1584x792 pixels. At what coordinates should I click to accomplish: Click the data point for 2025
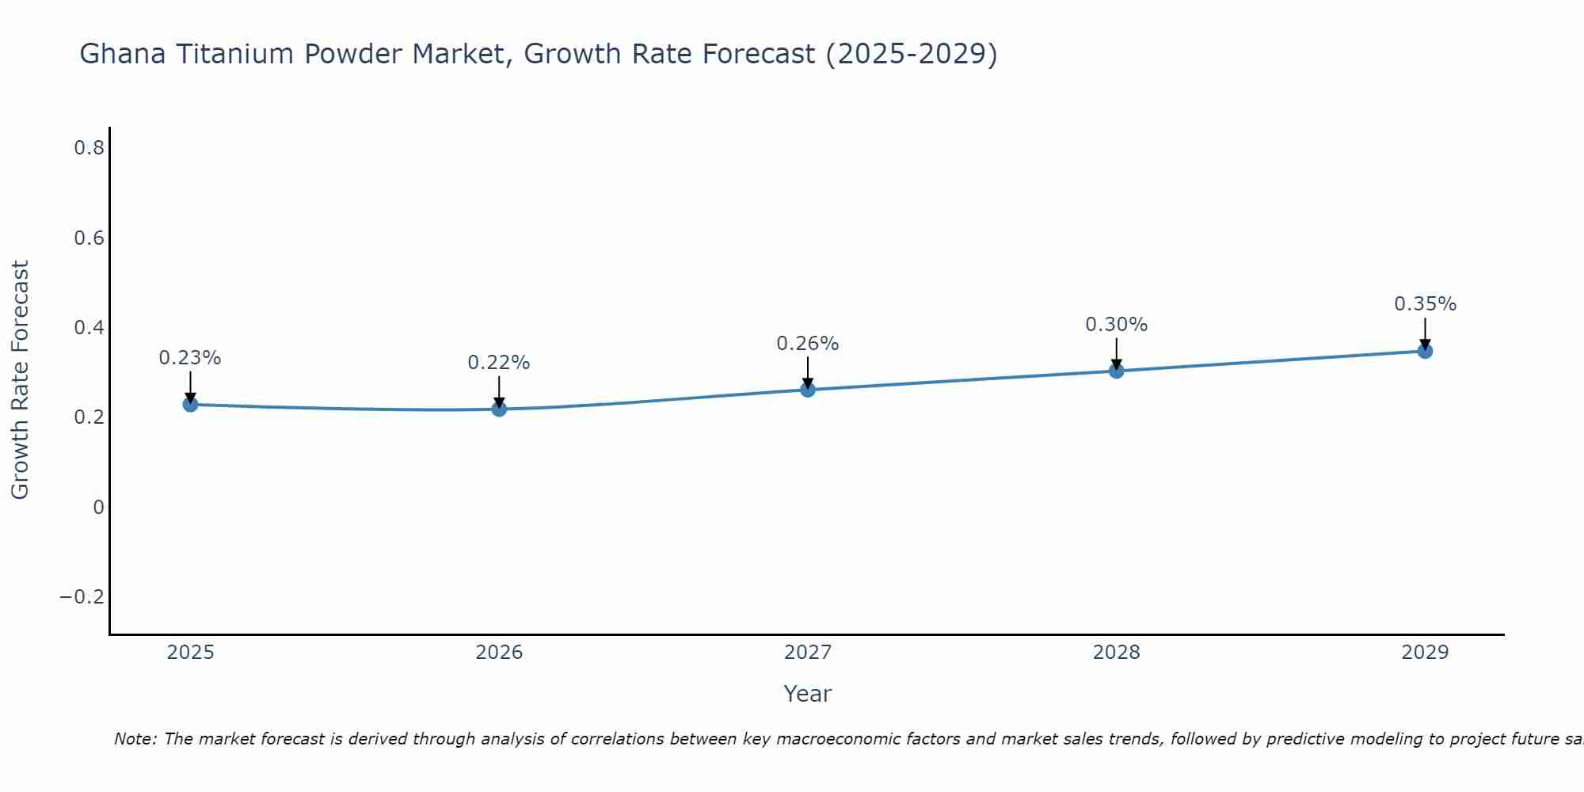[x=190, y=405]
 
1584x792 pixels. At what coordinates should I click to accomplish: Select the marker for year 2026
[x=499, y=409]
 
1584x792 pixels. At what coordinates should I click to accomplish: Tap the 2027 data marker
[x=808, y=390]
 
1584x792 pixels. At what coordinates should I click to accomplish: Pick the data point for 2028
[x=1117, y=371]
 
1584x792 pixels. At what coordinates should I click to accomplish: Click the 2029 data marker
[x=1425, y=351]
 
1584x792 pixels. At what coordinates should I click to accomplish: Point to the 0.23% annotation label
[x=190, y=358]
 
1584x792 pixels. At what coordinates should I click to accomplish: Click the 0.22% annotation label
[x=499, y=363]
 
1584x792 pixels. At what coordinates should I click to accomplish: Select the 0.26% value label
[x=808, y=344]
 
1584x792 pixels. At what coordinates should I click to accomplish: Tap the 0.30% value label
[x=1117, y=325]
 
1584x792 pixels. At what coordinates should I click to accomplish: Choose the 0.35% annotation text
[x=1425, y=304]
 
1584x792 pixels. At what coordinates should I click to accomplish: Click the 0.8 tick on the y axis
[x=89, y=148]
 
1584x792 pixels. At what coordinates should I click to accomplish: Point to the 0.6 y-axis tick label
[x=89, y=238]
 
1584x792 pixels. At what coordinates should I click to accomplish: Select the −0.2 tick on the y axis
[x=82, y=597]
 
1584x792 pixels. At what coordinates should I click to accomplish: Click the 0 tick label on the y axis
[x=98, y=508]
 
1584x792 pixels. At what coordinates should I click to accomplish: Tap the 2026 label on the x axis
[x=499, y=653]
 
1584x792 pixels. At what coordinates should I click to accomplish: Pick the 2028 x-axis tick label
[x=1117, y=653]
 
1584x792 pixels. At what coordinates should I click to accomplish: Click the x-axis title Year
[x=807, y=694]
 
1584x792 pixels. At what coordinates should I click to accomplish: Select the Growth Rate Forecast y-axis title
[x=20, y=380]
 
